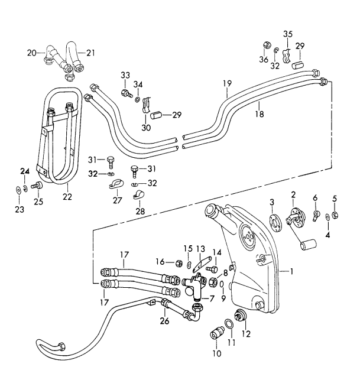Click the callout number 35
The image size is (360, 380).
coord(288,34)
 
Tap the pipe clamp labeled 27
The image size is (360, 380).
coord(115,184)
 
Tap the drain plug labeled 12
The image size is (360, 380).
coord(241,315)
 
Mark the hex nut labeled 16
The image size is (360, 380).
coord(178,262)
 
